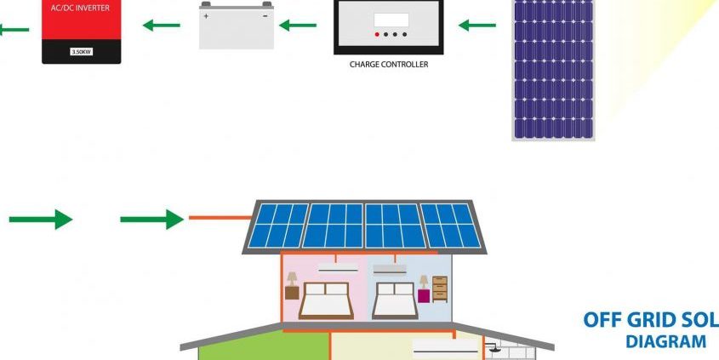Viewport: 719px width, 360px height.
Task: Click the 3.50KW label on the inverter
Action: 82,52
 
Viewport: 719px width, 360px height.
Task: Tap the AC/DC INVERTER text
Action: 82,8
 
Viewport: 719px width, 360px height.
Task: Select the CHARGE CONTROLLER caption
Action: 389,65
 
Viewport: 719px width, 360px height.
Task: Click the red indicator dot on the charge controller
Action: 377,34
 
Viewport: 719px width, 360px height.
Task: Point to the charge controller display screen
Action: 391,20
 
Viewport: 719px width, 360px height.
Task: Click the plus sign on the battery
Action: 206,16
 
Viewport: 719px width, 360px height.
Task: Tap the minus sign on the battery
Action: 265,16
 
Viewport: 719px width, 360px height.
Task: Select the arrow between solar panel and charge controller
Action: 476,26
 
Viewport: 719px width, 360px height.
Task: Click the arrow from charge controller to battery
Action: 298,26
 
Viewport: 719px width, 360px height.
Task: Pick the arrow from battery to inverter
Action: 162,26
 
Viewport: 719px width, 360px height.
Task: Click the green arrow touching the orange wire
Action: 151,220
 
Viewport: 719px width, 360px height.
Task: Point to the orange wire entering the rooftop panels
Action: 221,217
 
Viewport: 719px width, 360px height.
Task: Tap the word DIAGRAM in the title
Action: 665,341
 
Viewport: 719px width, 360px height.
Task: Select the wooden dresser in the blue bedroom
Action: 440,289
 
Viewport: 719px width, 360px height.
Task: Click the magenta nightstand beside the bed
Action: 424,296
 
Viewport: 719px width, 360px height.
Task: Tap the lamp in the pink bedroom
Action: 292,279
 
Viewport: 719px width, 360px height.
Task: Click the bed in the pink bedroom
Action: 326,300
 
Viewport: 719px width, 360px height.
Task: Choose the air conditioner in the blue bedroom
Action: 390,270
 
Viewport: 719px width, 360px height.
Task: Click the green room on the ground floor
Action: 264,346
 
